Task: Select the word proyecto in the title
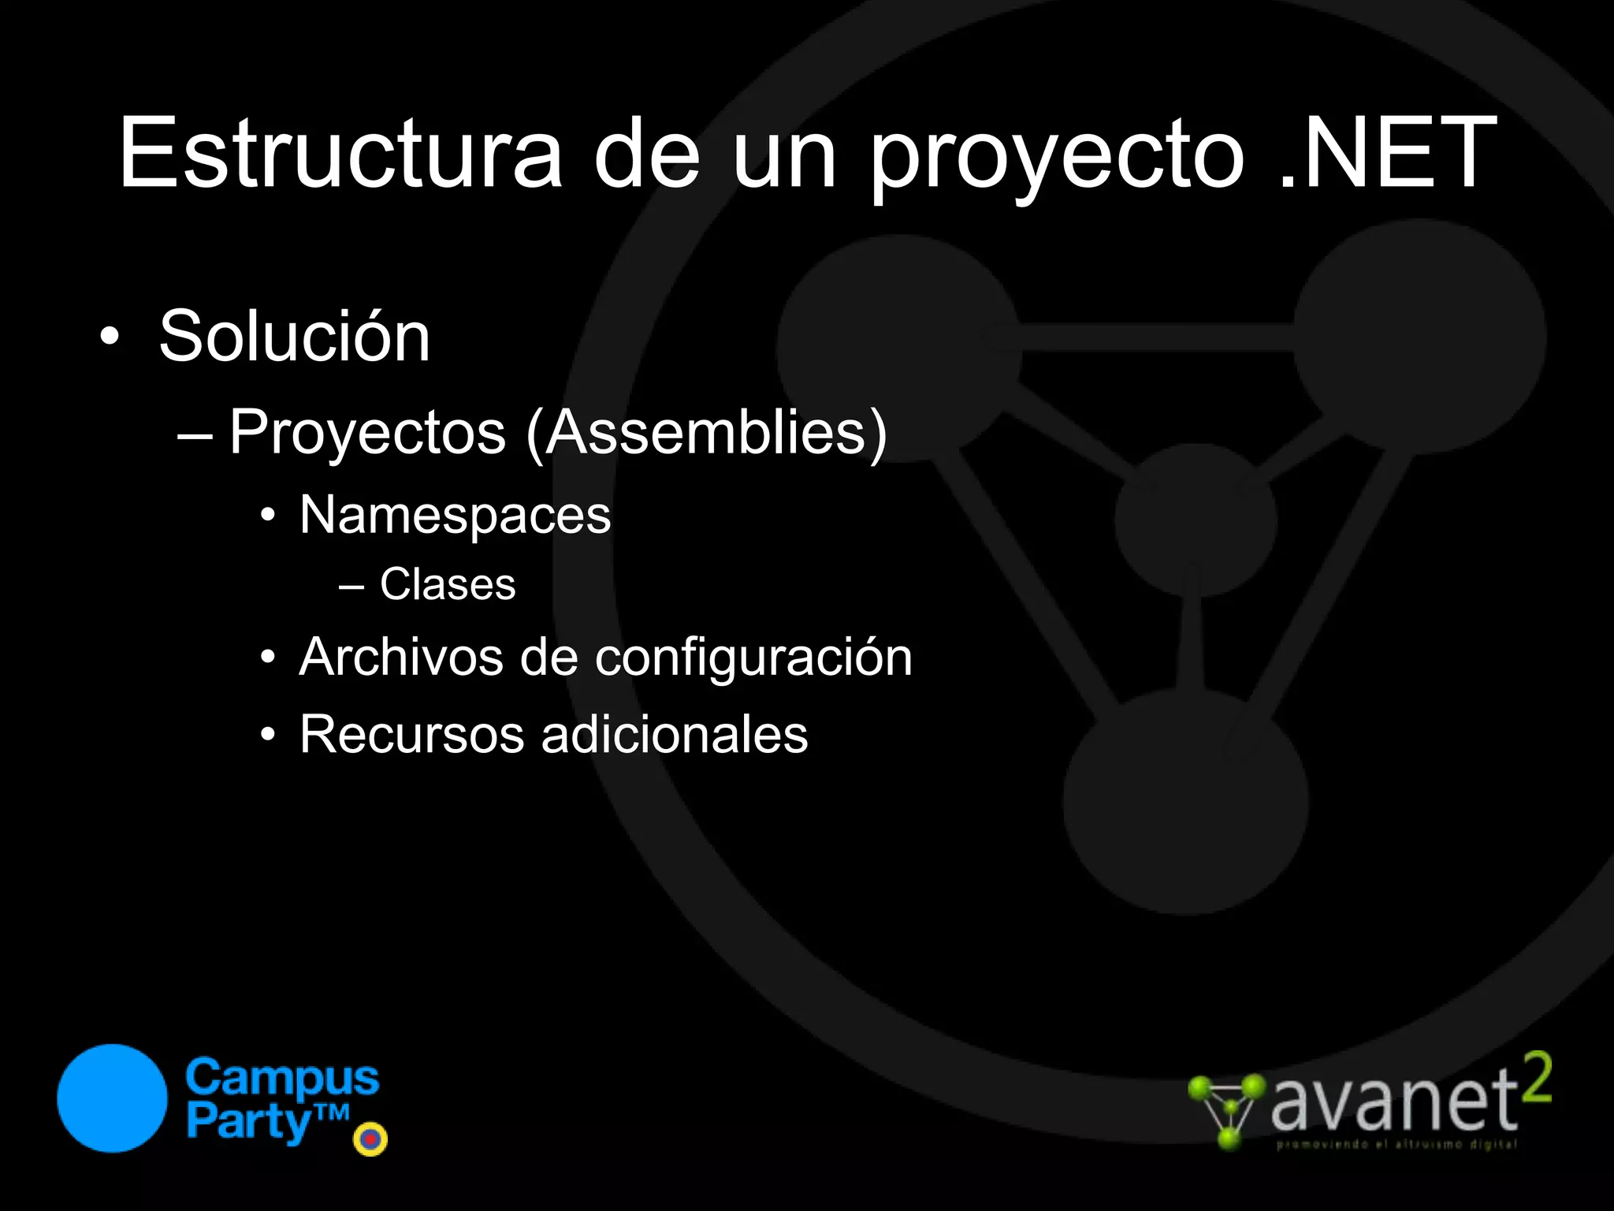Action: click(x=1056, y=158)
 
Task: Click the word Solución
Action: click(x=295, y=337)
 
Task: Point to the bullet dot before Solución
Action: click(x=110, y=337)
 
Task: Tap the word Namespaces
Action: click(x=455, y=516)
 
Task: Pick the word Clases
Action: click(x=448, y=584)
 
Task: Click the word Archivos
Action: click(x=400, y=657)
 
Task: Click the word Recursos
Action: click(x=411, y=734)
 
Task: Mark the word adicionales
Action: click(x=674, y=734)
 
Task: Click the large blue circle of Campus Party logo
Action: click(x=113, y=1098)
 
